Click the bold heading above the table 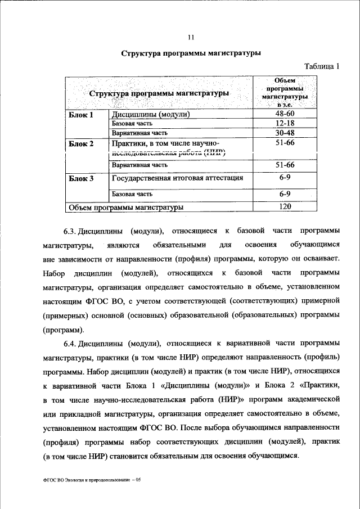tap(191, 55)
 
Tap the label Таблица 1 tap(322, 66)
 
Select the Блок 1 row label tap(80, 115)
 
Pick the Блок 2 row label tap(81, 144)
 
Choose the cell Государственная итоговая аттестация tap(178, 178)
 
